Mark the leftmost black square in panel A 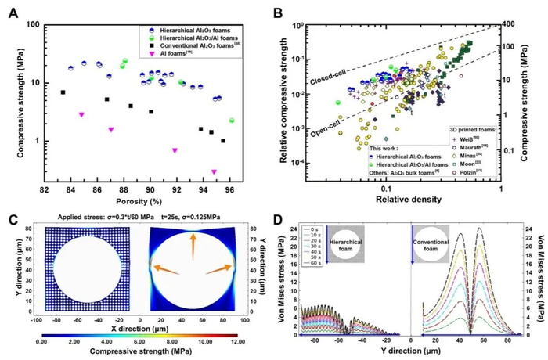pyautogui.click(x=63, y=92)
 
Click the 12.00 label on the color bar pyautogui.click(x=257, y=338)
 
